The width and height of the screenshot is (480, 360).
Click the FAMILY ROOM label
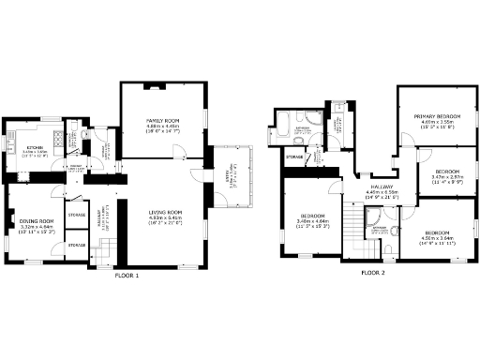(156, 122)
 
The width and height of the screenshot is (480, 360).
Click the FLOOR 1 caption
(127, 276)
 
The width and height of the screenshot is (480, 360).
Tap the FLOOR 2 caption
(373, 273)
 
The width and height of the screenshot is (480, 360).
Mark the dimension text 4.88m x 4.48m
(156, 128)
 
